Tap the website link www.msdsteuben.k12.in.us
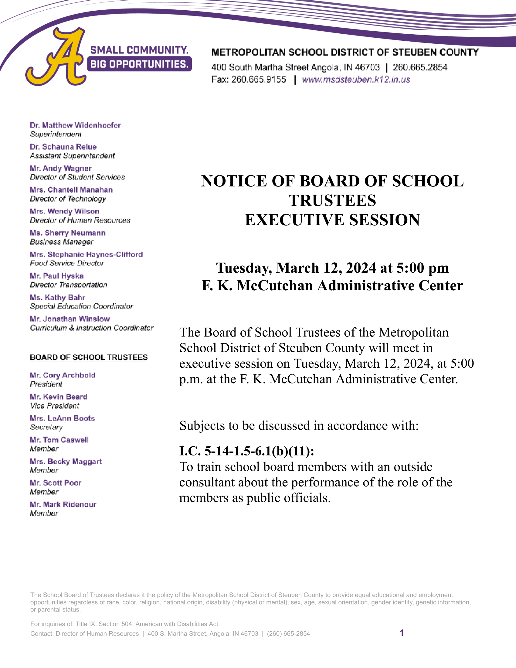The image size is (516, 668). pos(356,80)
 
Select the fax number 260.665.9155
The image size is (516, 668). pos(259,80)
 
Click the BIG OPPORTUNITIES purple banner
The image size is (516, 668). pos(139,64)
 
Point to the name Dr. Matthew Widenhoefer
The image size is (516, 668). pos(75,125)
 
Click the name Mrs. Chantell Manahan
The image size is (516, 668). pos(71,190)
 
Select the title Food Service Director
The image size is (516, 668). pos(67,263)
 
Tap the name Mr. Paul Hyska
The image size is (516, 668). pos(57,276)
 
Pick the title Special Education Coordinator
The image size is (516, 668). pos(82,306)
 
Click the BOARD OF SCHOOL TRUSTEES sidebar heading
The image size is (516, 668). pos(89,357)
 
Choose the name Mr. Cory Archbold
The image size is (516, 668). pos(63,375)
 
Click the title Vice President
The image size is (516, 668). pos(55,406)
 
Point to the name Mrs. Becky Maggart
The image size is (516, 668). pos(66,461)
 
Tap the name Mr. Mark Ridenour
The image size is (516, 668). pos(63,504)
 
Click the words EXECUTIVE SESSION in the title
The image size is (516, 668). pos(332,220)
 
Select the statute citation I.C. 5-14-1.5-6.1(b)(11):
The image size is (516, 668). pos(246,451)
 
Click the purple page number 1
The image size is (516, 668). pos(402,633)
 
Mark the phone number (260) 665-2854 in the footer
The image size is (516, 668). pos(288,633)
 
